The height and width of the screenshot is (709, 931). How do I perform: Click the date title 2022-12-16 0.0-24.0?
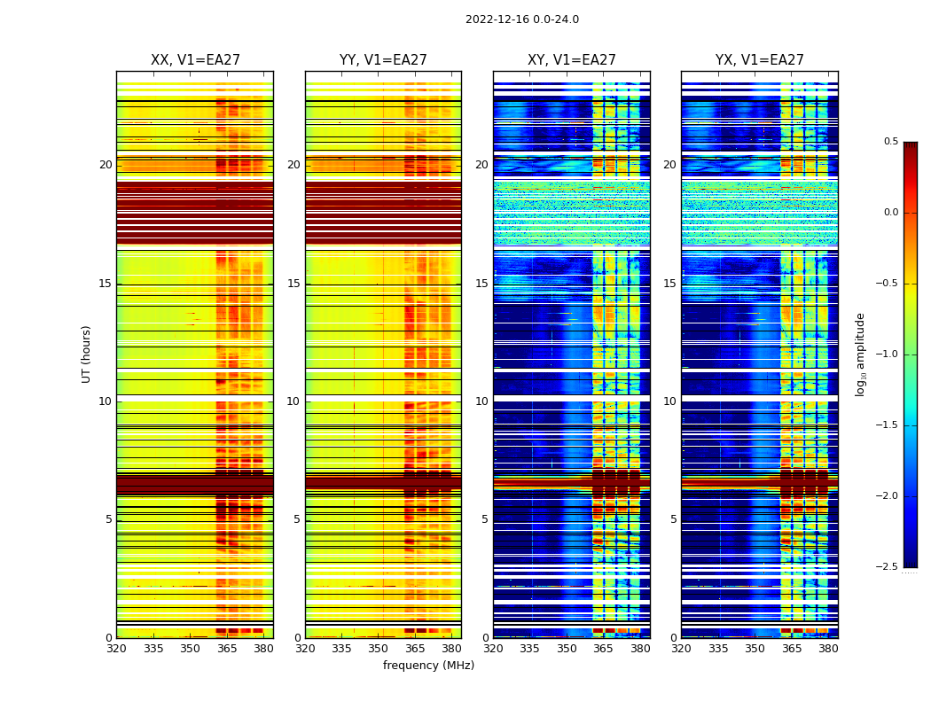click(x=521, y=19)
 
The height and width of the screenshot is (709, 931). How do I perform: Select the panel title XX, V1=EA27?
click(x=195, y=60)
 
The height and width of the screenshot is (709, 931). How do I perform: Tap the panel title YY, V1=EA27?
click(x=383, y=60)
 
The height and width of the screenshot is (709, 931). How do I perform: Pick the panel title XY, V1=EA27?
click(x=571, y=60)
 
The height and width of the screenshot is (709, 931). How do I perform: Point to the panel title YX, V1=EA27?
click(x=759, y=60)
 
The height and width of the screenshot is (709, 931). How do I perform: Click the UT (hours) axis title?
click(x=87, y=354)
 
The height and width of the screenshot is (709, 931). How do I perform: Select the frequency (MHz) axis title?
click(x=428, y=666)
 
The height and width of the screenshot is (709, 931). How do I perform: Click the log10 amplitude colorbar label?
click(x=860, y=354)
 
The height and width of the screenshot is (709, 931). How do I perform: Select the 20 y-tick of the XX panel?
click(x=106, y=165)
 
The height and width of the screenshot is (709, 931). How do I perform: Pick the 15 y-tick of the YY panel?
click(x=293, y=284)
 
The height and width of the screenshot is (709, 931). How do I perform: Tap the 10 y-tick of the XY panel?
click(x=481, y=401)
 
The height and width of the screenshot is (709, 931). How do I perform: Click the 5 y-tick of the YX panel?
click(x=673, y=519)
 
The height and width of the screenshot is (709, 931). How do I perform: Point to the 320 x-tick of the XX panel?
click(x=116, y=649)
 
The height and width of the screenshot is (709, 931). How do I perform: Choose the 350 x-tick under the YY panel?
click(x=379, y=649)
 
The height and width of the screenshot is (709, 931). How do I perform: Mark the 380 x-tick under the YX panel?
click(x=828, y=649)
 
